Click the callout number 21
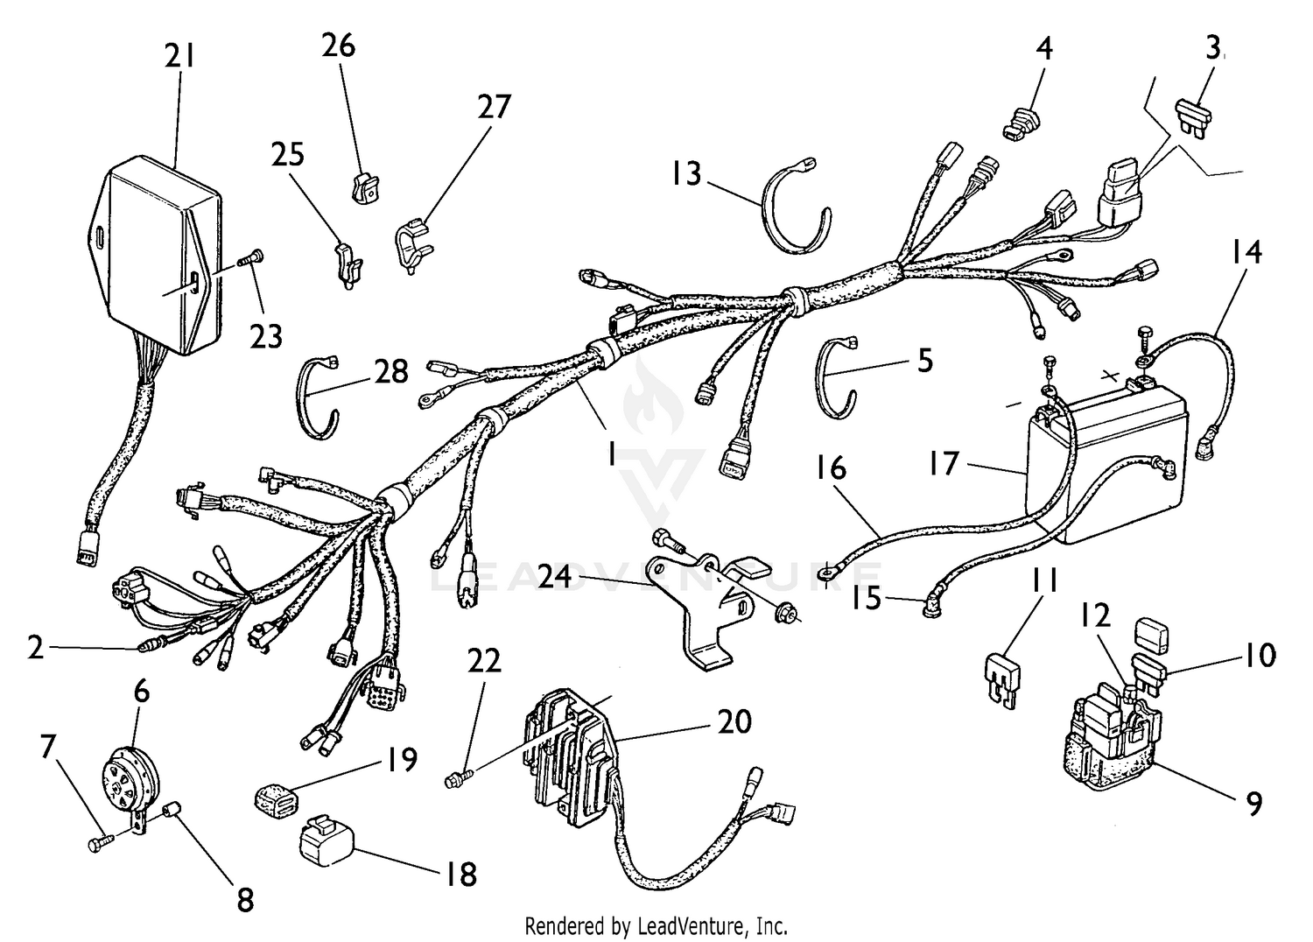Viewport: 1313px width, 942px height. [180, 57]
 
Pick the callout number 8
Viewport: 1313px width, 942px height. [244, 898]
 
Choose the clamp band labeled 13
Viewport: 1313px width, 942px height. [792, 207]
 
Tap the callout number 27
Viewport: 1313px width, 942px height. [494, 107]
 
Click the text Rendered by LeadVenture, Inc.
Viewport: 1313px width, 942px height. [656, 924]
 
